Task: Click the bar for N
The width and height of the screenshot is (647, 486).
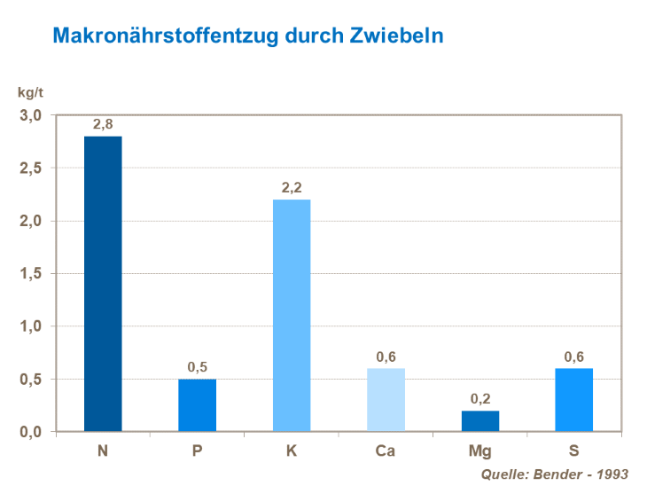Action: point(103,284)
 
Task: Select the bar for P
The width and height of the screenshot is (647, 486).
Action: point(197,405)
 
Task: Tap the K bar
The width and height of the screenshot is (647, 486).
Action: point(292,316)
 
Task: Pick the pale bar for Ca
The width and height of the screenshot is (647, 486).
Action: point(386,400)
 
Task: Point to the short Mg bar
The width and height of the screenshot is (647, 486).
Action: point(479,421)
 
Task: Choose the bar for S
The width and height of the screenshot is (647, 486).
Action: point(573,400)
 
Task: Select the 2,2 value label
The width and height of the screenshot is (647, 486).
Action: point(292,188)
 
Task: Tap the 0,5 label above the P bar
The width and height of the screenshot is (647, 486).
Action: point(197,367)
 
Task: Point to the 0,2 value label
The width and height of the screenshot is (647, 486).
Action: point(479,399)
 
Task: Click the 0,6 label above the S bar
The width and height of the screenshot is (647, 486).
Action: point(573,357)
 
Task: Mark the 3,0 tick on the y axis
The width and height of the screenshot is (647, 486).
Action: point(31,115)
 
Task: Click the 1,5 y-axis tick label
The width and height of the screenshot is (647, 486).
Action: point(31,273)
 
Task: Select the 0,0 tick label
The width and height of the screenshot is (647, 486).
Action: point(31,432)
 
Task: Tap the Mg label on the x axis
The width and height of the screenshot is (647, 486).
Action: point(479,451)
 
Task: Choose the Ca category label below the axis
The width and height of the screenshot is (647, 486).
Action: point(386,451)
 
